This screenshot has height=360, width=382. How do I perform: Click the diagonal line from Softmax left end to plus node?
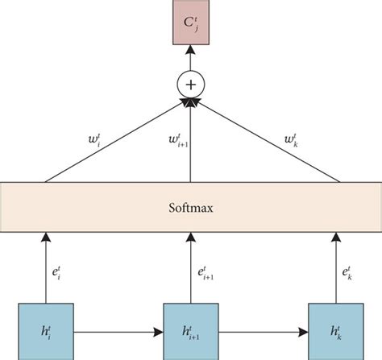[x=113, y=141]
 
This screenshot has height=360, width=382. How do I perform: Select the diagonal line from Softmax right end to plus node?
[x=266, y=141]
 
